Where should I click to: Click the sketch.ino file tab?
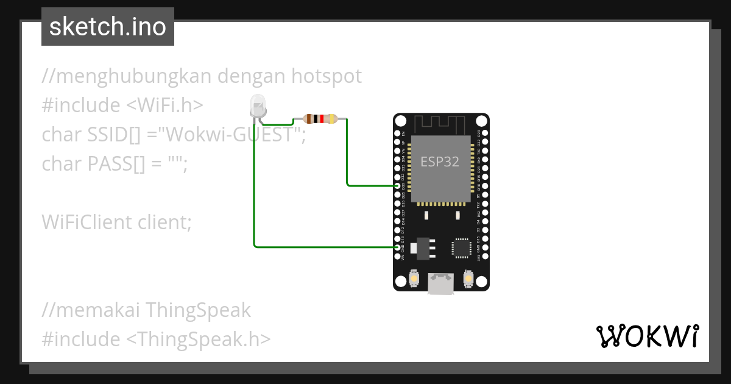tap(108, 27)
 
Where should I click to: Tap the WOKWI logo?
tap(647, 336)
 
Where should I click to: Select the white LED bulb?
tap(258, 108)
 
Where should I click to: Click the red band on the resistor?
tap(320, 119)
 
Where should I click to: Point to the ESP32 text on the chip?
tap(440, 162)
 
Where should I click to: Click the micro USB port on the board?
tap(440, 283)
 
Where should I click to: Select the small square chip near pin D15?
tap(461, 247)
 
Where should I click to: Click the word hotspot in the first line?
tap(327, 76)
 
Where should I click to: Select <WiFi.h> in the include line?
tap(164, 105)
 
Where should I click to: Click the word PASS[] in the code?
tap(114, 164)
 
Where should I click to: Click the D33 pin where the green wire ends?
tap(397, 185)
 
